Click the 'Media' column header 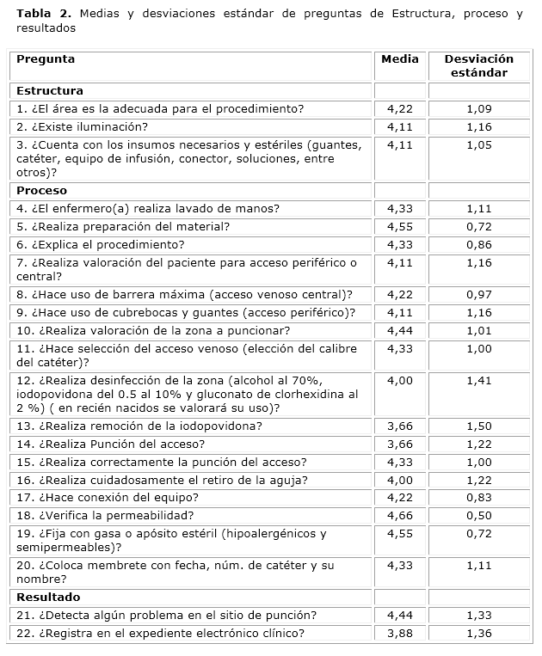(x=400, y=59)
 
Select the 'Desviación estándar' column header (x=478, y=66)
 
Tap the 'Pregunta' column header (x=46, y=59)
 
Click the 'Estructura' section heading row (x=50, y=91)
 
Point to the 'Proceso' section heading (x=41, y=191)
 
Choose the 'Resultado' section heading (x=48, y=597)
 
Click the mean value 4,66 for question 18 (x=400, y=516)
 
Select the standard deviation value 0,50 (x=478, y=516)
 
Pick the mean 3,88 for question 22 (x=400, y=634)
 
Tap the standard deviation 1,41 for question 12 (x=478, y=380)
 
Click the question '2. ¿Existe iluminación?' (x=83, y=127)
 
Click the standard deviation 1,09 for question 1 (x=478, y=109)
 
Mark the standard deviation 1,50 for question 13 (x=478, y=426)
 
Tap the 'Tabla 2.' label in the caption (x=40, y=15)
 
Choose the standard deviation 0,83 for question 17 (x=478, y=498)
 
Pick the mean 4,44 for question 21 (x=400, y=616)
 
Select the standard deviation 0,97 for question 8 (x=478, y=295)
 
